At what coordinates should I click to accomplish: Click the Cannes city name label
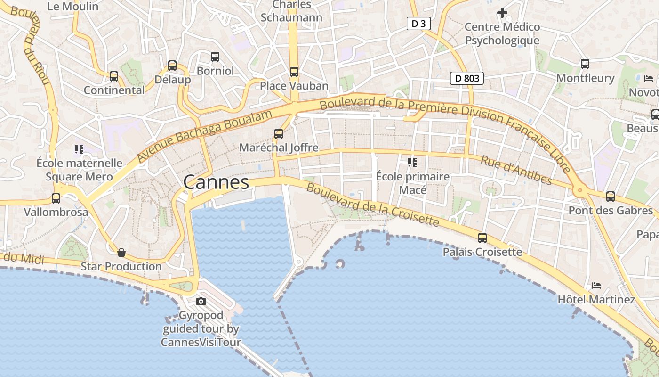[x=216, y=182]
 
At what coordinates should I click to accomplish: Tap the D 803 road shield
[x=467, y=78]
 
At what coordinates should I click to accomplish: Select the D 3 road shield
[x=418, y=24]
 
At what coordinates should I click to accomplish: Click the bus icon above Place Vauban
[x=294, y=72]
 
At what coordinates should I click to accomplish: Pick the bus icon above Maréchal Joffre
[x=279, y=134]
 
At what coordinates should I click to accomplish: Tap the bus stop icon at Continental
[x=114, y=76]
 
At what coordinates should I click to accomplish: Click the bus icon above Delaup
[x=172, y=66]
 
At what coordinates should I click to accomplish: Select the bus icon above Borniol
[x=215, y=57]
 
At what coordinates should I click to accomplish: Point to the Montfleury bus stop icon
[x=585, y=64]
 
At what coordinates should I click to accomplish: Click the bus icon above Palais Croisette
[x=482, y=238]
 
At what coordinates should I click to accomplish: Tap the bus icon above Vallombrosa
[x=56, y=198]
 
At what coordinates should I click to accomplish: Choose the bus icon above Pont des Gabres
[x=611, y=197]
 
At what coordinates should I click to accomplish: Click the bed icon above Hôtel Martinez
[x=596, y=286]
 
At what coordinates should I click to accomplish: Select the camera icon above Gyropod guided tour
[x=201, y=302]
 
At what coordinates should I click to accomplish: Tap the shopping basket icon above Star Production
[x=121, y=253]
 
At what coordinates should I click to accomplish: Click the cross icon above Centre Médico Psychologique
[x=502, y=13]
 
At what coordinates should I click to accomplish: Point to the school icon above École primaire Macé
[x=412, y=163]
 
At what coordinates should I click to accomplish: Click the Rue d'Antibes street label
[x=516, y=170]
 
